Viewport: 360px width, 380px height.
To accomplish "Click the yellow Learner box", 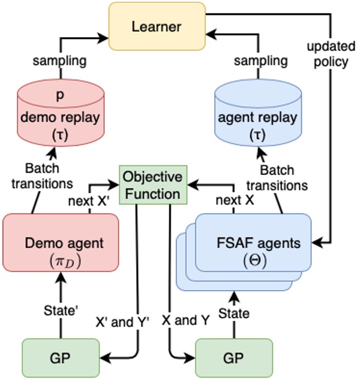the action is pos(157,26).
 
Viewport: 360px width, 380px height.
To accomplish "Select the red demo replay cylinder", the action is pos(61,113).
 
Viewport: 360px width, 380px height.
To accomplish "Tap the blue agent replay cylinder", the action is pos(258,113).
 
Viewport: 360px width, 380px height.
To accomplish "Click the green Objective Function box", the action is pos(153,185).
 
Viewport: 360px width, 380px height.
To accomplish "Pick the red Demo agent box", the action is pos(61,243).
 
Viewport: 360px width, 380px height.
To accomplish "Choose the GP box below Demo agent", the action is pos(61,358).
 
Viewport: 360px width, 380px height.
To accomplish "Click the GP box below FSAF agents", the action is pos(234,358).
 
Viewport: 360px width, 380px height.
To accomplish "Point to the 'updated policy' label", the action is pos(331,55).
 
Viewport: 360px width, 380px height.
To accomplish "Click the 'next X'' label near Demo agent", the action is pos(89,201).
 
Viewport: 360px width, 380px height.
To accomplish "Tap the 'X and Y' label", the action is pos(185,320).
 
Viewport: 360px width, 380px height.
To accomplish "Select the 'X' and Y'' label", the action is pos(122,322).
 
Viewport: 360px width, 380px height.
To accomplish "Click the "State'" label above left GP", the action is pos(61,310).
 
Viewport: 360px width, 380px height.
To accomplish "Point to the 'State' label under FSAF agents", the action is pos(234,313).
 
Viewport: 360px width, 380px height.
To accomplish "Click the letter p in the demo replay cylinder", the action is pos(60,95).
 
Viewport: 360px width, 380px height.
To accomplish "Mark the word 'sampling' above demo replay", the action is pos(59,61).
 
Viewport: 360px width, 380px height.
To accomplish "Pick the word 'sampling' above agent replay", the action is pos(261,61).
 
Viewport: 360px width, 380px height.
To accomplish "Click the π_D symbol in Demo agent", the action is pos(65,262).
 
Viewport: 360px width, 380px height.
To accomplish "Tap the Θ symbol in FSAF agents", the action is pos(255,261).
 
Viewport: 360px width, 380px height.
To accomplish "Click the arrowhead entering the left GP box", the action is pos(105,358).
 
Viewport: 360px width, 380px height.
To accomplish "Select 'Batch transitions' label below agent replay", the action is pos(277,178).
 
